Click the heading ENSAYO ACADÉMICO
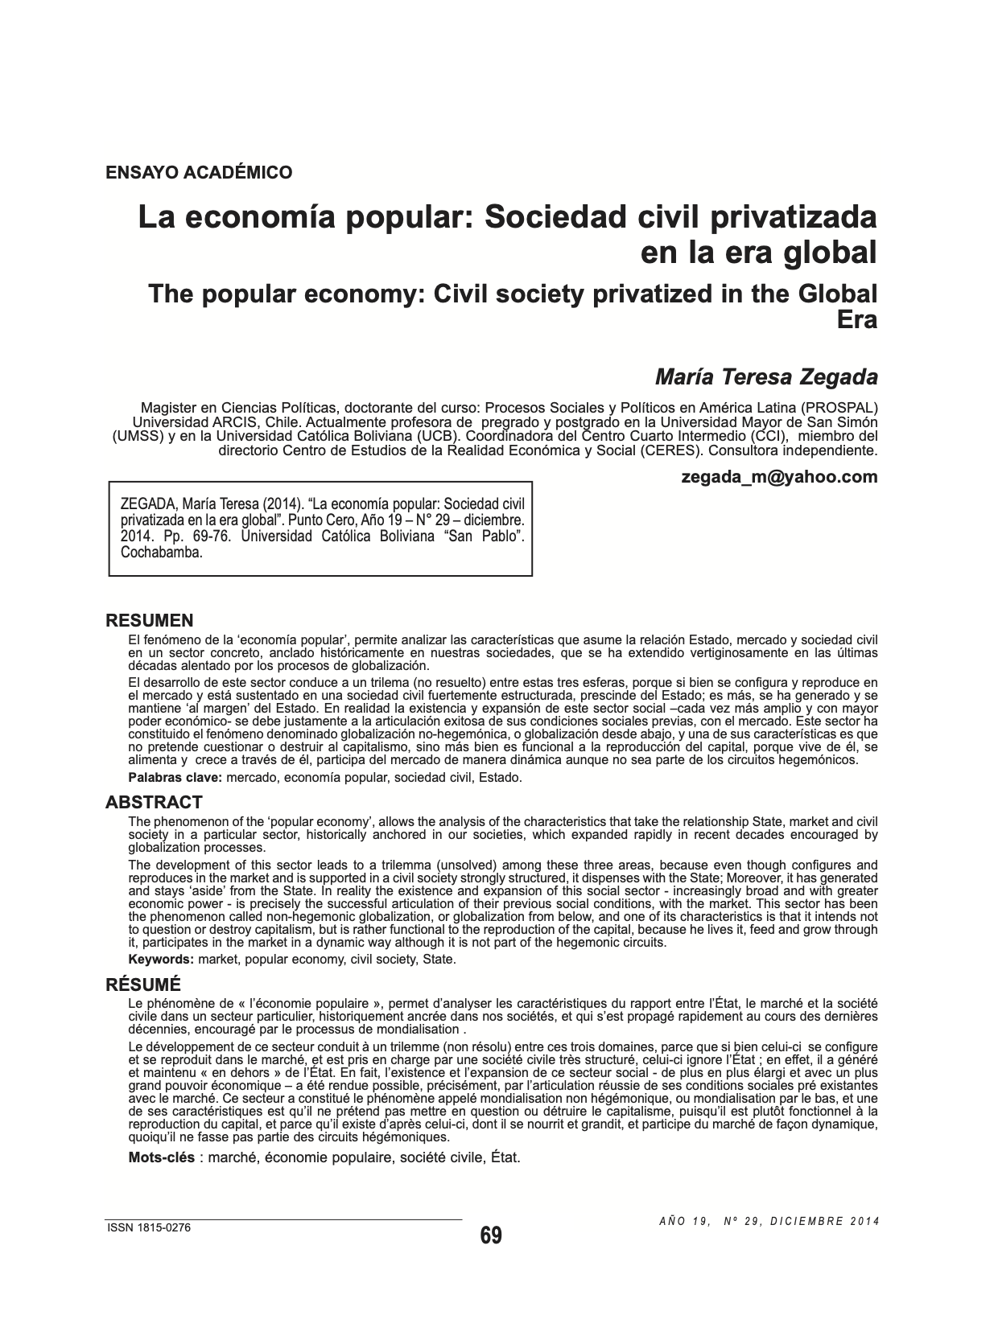(199, 171)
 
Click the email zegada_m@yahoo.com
(779, 477)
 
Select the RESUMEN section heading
(150, 620)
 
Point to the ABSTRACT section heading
(154, 802)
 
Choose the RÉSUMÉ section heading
(143, 985)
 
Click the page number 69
(491, 1235)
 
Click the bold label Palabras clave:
(175, 777)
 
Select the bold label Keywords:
(161, 959)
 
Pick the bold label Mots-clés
(162, 1157)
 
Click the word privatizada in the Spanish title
(786, 217)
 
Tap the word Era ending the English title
(857, 319)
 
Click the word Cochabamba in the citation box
(161, 552)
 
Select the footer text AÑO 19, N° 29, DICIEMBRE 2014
(769, 1220)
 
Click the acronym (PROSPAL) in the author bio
(840, 406)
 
